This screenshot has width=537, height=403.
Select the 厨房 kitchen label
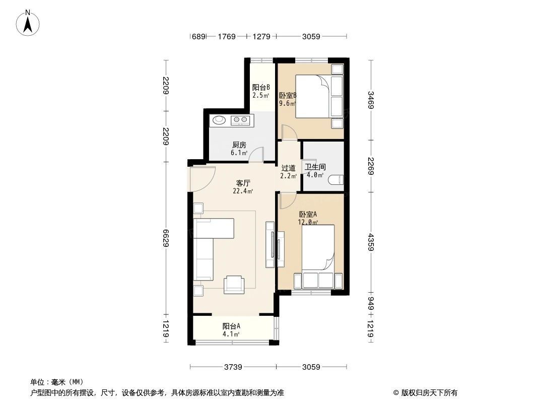pyautogui.click(x=239, y=145)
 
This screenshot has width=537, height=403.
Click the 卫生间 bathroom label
pyautogui.click(x=315, y=167)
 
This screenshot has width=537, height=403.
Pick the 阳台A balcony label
pyautogui.click(x=231, y=326)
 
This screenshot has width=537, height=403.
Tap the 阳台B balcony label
pyautogui.click(x=261, y=87)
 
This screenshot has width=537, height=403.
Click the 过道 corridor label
pyautogui.click(x=288, y=168)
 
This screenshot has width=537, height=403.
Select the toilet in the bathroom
pyautogui.click(x=335, y=179)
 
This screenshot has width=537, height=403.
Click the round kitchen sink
pyautogui.click(x=219, y=120)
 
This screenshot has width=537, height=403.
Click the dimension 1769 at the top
pyautogui.click(x=227, y=36)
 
